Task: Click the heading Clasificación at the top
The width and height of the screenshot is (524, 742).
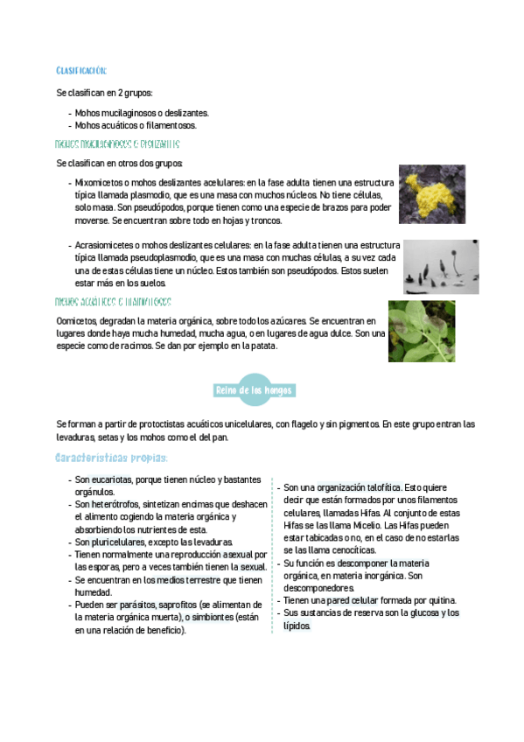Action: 80,70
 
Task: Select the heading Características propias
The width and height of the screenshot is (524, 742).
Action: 111,458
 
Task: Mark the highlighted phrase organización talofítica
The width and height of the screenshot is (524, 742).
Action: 359,486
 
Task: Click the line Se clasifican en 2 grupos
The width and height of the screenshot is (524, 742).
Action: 108,93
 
